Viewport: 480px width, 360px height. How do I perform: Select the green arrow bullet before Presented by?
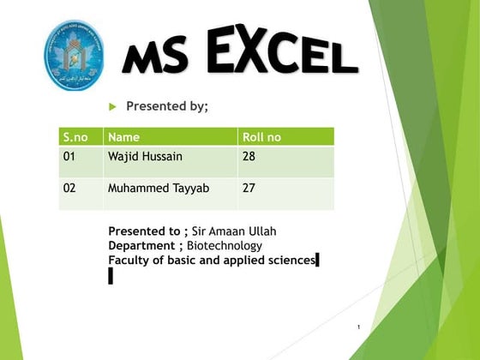coord(111,107)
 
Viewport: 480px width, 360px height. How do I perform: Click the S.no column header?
coord(75,137)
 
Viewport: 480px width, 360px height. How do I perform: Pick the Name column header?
coord(124,137)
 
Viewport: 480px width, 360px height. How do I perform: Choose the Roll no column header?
coord(261,137)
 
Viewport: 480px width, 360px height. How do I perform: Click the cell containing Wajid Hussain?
coord(145,157)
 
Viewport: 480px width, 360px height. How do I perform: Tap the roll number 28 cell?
coord(249,157)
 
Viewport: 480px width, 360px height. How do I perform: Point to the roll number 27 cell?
coord(249,187)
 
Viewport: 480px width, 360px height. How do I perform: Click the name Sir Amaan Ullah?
coord(234,231)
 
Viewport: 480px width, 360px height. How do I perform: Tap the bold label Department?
coord(142,245)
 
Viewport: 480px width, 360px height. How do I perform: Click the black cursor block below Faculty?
coord(111,275)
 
